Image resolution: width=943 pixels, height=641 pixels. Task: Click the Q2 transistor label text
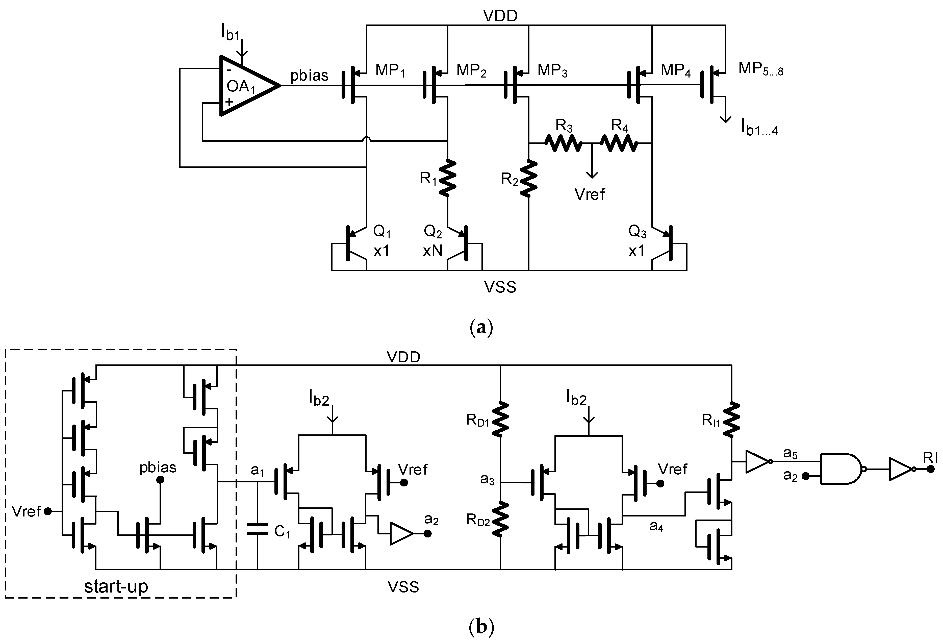click(432, 232)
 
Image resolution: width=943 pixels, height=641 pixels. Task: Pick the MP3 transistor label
click(552, 71)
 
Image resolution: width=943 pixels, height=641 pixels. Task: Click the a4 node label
click(656, 526)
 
